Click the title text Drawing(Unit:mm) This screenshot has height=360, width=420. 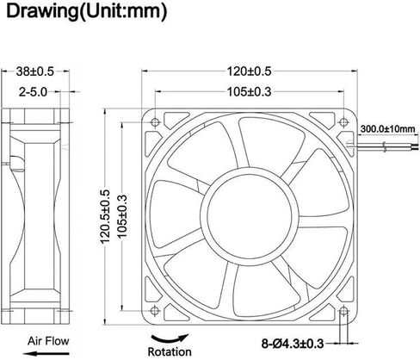point(86,12)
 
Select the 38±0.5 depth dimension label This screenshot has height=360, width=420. point(34,71)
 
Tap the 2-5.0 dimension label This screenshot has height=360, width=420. point(33,92)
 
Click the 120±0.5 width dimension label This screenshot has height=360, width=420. point(249,71)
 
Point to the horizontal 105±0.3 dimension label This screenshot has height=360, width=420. point(249,92)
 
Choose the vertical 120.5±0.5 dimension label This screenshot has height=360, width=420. point(105,217)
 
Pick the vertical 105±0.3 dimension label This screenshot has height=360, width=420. point(122,216)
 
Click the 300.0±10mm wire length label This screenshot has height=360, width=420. point(387,128)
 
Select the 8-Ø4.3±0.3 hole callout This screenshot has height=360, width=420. point(293,344)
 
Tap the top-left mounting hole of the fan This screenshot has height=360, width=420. point(155,122)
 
